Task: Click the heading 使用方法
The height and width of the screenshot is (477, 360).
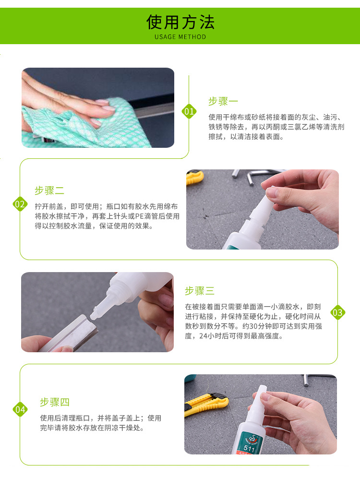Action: tap(180, 22)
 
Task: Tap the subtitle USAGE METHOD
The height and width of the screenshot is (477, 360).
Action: tap(180, 37)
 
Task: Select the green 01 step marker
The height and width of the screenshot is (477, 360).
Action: tap(189, 111)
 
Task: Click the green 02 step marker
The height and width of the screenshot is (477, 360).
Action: tap(20, 204)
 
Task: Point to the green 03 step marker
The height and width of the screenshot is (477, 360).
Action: tap(338, 312)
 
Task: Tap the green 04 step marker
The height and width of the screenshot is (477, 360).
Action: tap(20, 409)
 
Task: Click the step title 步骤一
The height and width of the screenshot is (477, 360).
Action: tap(223, 101)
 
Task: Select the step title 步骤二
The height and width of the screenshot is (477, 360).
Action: tap(49, 191)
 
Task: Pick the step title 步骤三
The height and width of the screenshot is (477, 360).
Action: tap(200, 291)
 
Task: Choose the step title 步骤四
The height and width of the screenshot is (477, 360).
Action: tap(55, 402)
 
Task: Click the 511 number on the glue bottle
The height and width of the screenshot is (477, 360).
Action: tap(249, 448)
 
